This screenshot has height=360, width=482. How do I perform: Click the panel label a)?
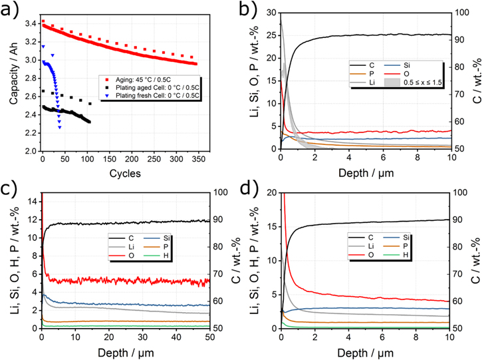[11, 9]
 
